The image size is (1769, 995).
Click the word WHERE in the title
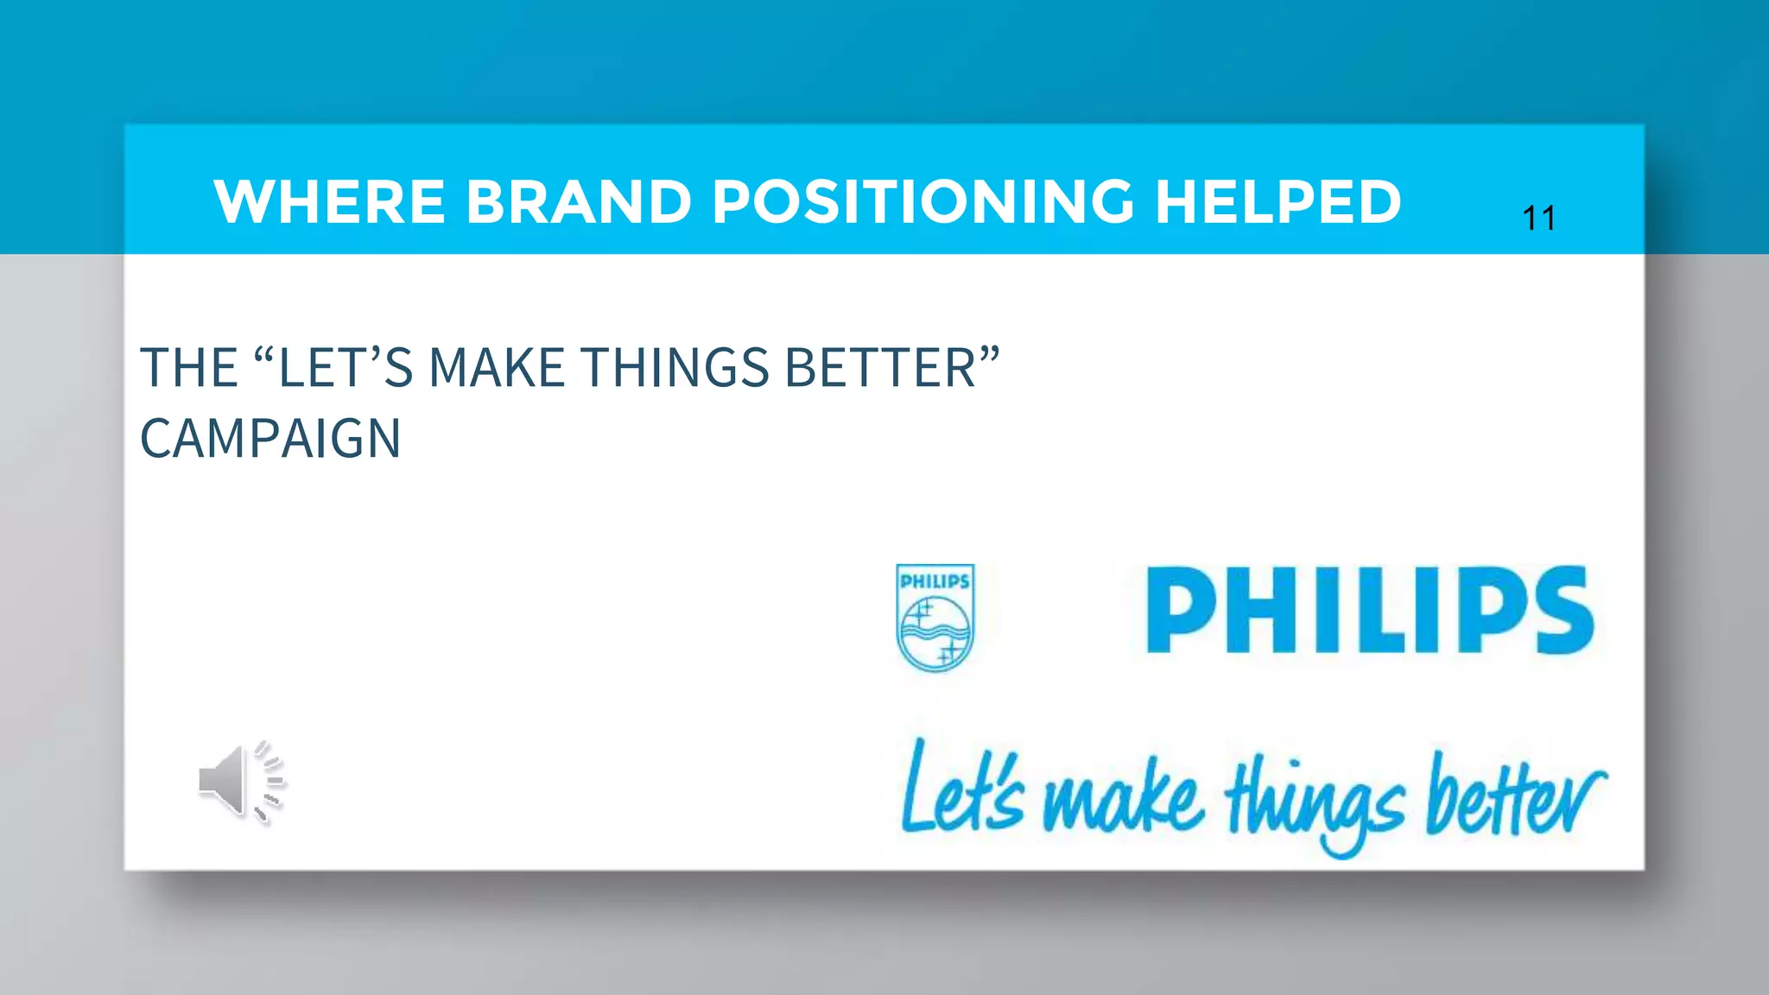[329, 202]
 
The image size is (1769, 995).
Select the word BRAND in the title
[579, 202]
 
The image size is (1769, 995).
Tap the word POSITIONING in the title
[923, 202]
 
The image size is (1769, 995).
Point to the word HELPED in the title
[1278, 202]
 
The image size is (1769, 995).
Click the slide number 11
[1538, 219]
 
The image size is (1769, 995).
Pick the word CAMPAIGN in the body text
[270, 439]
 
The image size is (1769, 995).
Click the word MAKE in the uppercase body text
[497, 368]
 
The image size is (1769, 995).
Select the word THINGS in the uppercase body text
[675, 368]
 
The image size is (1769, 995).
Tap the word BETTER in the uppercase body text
[881, 368]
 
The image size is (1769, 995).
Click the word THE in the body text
[188, 368]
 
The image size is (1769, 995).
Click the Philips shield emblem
[935, 618]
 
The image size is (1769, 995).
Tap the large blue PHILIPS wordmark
[1369, 611]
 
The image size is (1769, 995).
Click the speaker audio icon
[241, 782]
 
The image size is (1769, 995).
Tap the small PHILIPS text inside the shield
[935, 581]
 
